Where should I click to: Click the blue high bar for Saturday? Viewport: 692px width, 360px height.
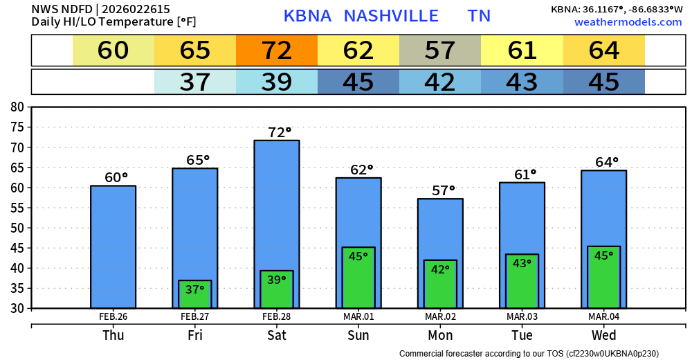click(277, 201)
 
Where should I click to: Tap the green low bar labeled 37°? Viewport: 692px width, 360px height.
click(195, 294)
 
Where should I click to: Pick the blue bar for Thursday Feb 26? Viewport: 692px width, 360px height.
click(113, 246)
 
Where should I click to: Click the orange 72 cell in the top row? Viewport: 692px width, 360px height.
click(277, 51)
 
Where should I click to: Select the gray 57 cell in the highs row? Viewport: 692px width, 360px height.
click(440, 51)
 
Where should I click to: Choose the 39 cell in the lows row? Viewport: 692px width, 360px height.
click(277, 82)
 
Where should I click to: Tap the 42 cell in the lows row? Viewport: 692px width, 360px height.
click(440, 82)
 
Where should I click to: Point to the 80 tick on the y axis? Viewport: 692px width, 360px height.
click(17, 107)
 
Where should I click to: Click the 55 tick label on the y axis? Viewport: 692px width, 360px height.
click(17, 208)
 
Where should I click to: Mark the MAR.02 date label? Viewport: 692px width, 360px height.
click(440, 317)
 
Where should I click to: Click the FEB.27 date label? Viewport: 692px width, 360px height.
click(195, 317)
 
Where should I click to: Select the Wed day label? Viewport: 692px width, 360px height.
click(603, 336)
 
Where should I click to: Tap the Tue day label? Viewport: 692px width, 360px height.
click(522, 336)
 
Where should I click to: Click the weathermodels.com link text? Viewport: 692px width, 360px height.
click(628, 23)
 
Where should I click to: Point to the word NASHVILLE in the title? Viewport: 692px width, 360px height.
click(391, 16)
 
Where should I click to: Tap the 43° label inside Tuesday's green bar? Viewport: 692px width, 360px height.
click(522, 263)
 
